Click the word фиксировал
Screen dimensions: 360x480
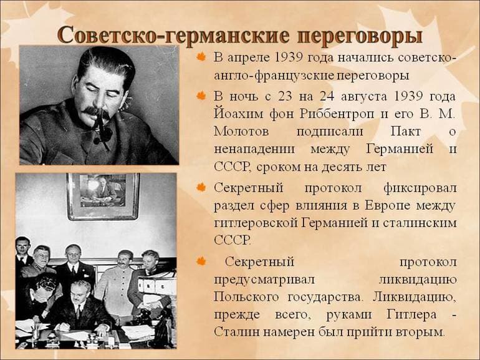(424, 187)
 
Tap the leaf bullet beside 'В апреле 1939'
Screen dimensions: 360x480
(201, 57)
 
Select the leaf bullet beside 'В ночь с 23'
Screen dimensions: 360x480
(201, 96)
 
